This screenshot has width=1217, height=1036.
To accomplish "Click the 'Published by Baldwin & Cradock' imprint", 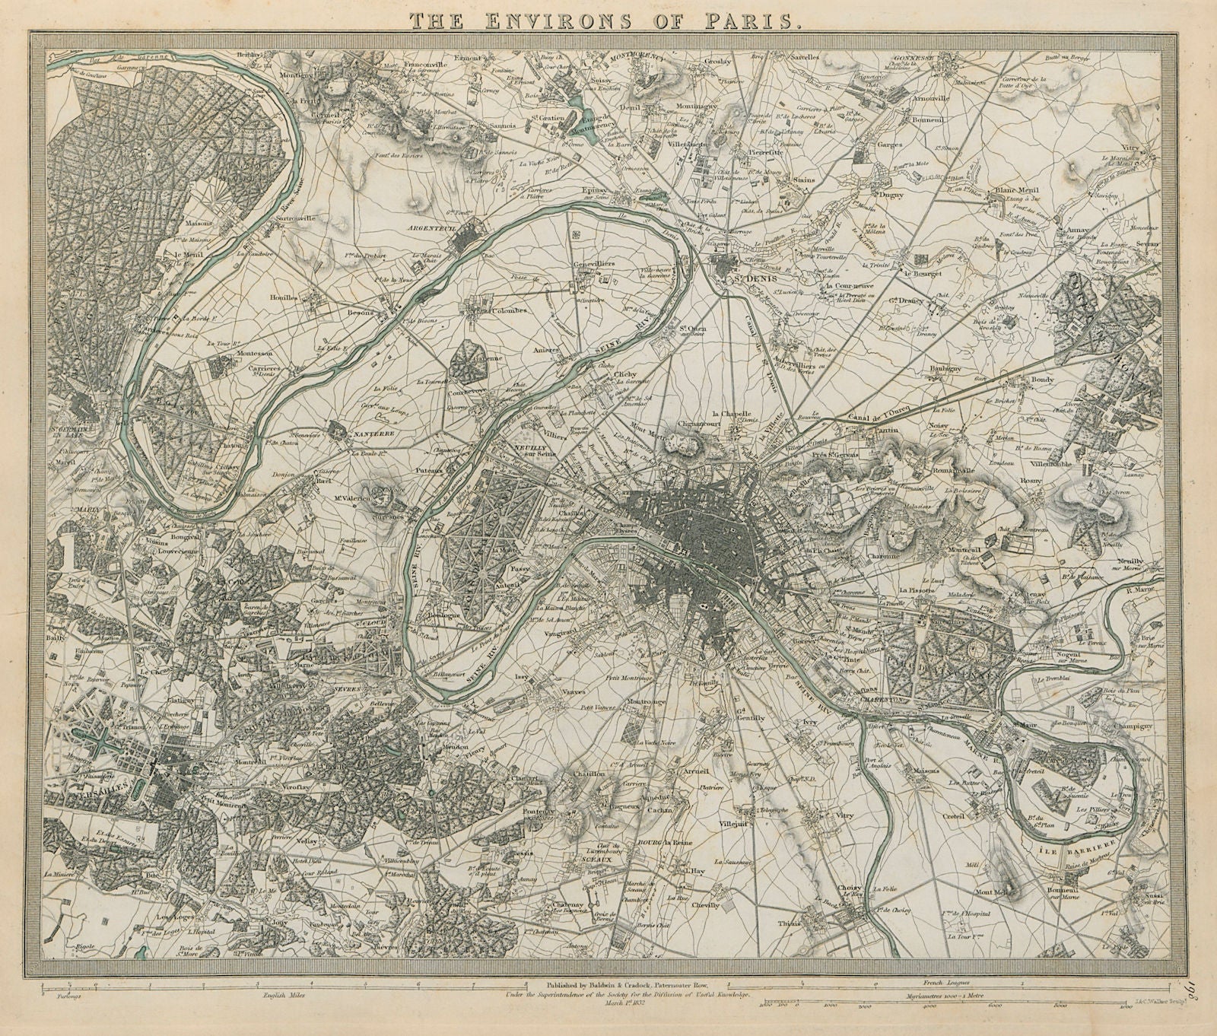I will pos(616,983).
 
